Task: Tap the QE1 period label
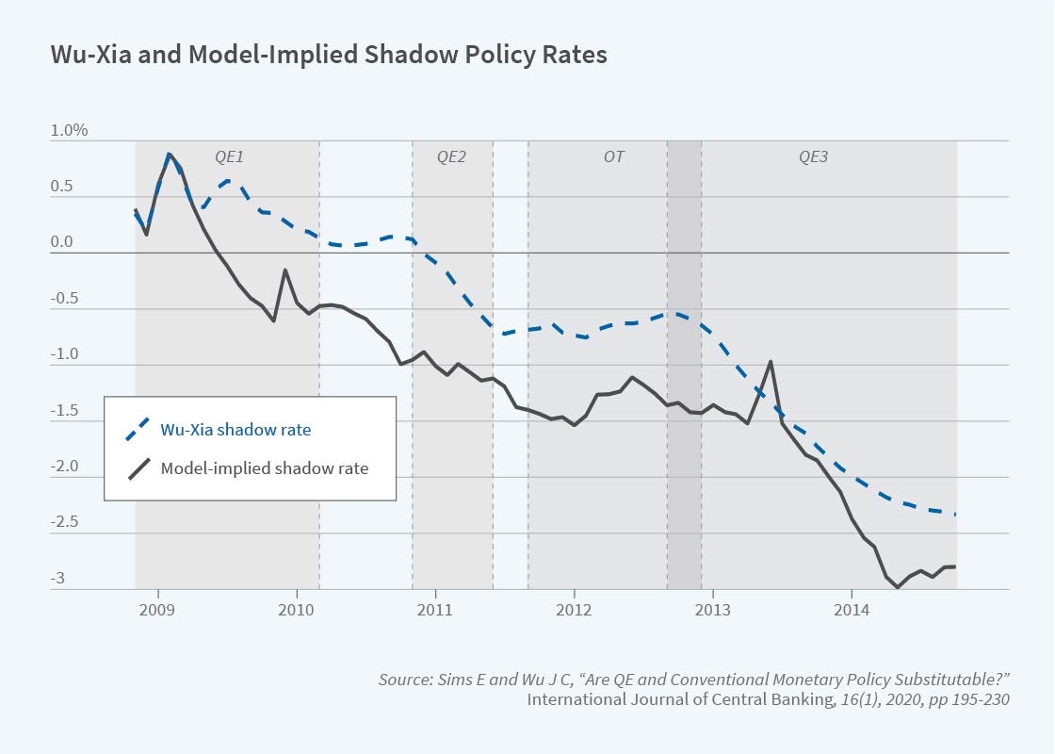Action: point(227,156)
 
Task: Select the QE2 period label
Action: point(451,156)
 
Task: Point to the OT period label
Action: point(613,156)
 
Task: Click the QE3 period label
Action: point(813,156)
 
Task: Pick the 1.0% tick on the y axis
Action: point(69,131)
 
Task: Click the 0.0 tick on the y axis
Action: point(61,242)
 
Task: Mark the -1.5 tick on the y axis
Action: point(63,411)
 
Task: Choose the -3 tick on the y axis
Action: point(57,579)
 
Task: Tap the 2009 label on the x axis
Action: point(157,609)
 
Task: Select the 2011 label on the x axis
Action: point(435,609)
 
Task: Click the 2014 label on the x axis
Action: point(852,609)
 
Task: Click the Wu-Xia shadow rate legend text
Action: point(235,430)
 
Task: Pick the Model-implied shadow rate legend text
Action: point(265,467)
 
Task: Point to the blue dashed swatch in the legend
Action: point(138,430)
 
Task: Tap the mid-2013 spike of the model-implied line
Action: point(771,362)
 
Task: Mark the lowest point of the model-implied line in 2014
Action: point(898,587)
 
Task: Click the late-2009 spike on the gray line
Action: point(285,270)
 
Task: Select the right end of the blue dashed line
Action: point(955,514)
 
